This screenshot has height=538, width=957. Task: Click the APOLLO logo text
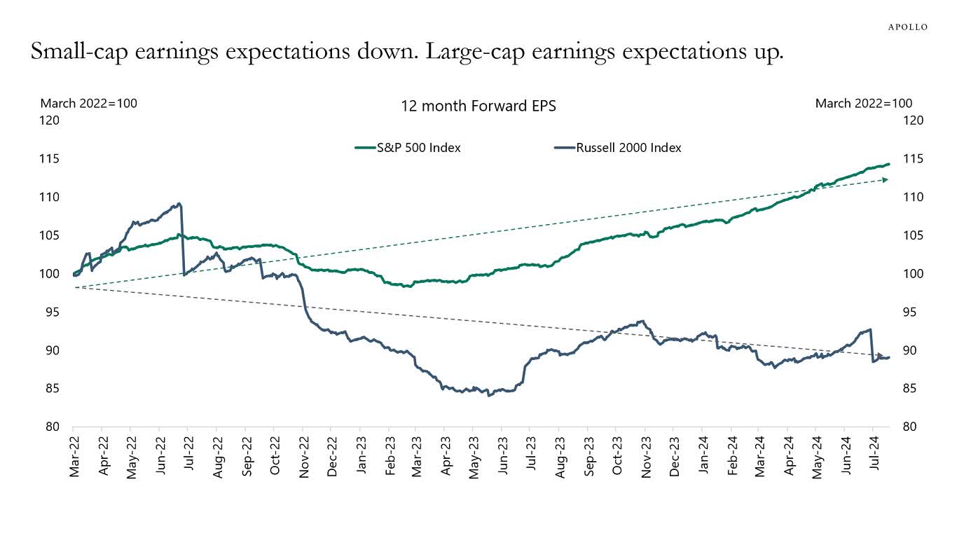point(908,27)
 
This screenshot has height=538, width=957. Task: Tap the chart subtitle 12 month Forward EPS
point(478,106)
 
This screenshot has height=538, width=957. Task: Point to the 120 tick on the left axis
point(51,120)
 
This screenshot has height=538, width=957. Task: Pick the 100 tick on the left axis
point(51,274)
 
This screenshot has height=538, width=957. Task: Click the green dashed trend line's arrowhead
point(885,180)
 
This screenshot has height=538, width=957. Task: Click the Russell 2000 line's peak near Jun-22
point(179,204)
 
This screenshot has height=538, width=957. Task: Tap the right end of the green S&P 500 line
point(888,165)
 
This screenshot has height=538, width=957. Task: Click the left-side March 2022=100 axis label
point(89,104)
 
